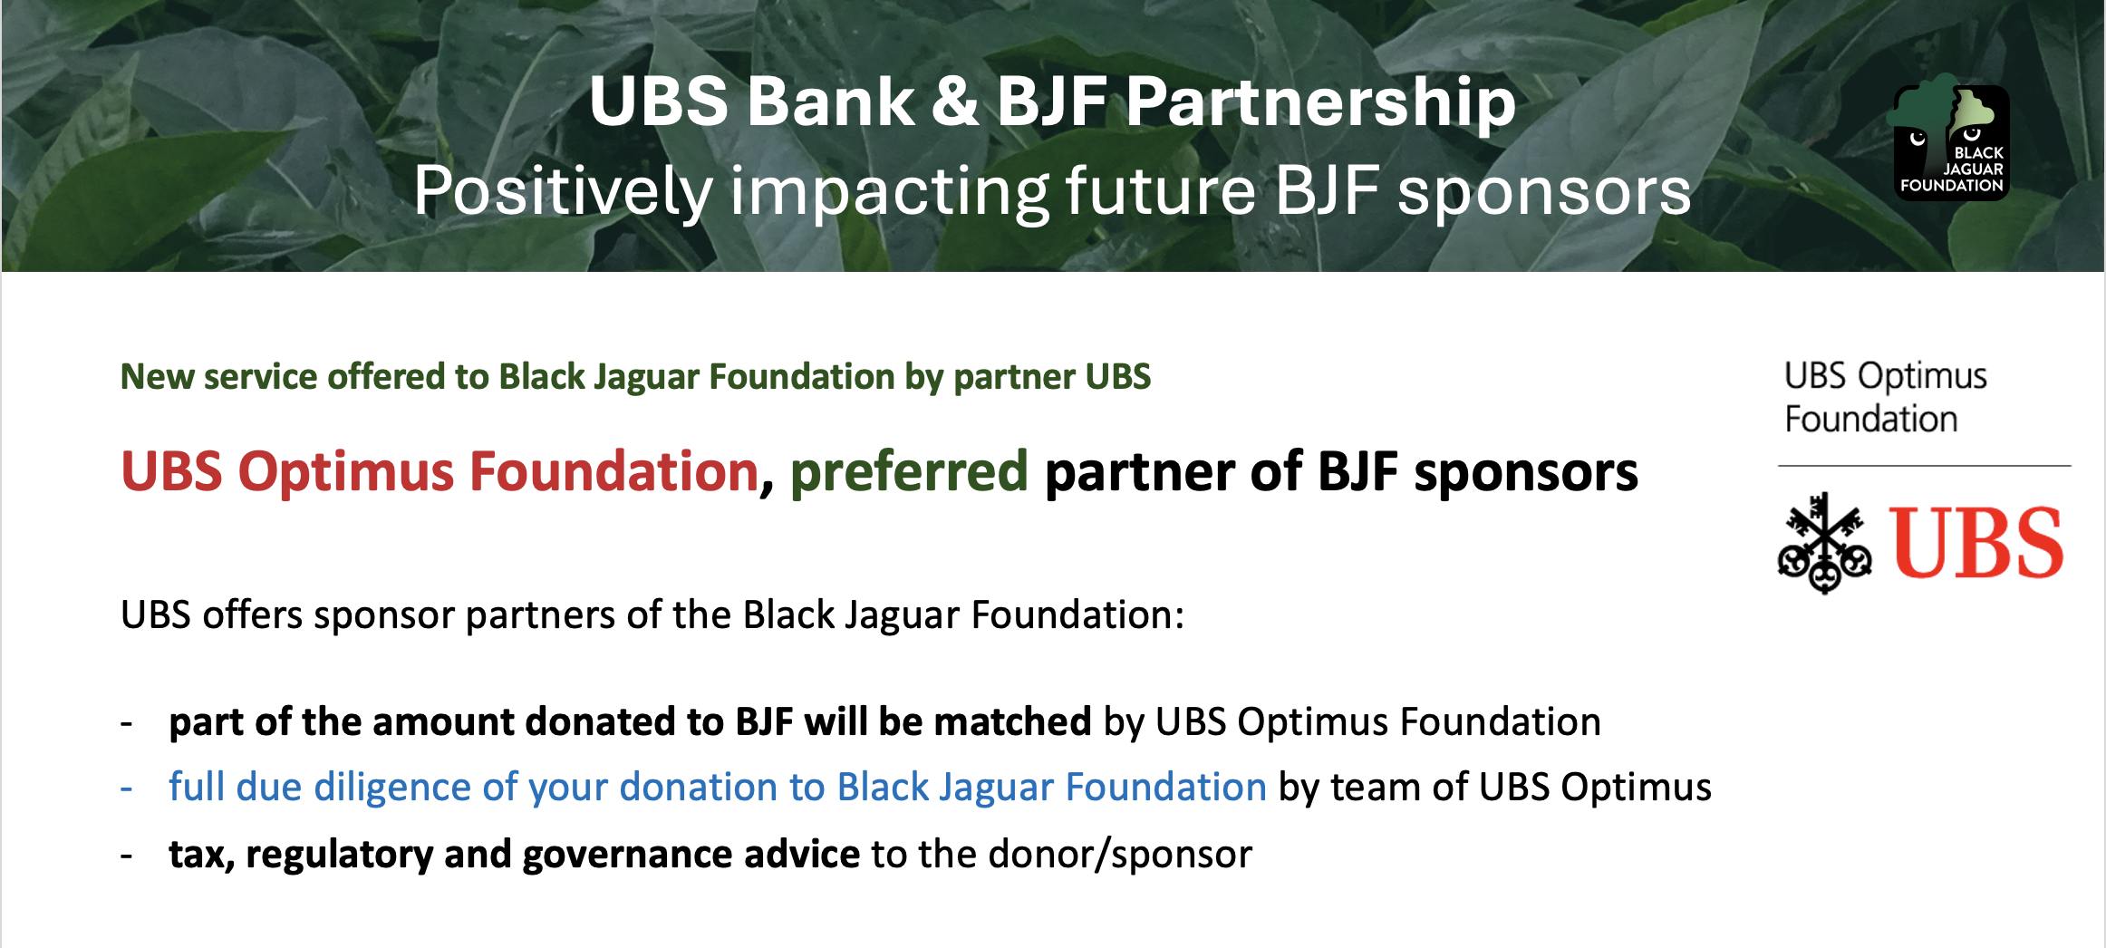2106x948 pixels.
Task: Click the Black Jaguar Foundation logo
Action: tap(1950, 138)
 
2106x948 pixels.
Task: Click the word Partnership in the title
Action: tap(1320, 102)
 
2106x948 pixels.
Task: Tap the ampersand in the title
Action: tap(955, 101)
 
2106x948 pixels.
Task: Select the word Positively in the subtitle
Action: tap(563, 192)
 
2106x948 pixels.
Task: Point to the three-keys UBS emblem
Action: tap(1824, 542)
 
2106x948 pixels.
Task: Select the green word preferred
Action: tap(909, 473)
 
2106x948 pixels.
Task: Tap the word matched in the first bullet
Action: tap(1012, 722)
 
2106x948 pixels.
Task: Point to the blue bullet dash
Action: tap(127, 788)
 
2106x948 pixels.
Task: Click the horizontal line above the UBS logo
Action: tap(1925, 466)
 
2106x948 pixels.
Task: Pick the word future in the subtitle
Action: tap(1161, 192)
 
